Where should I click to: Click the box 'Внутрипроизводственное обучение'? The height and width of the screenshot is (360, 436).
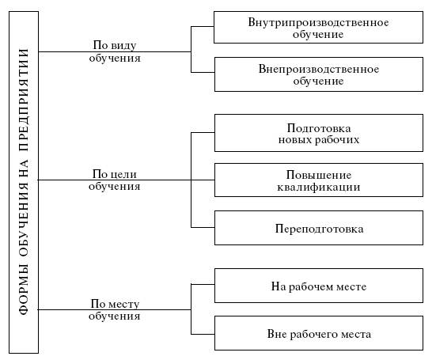[318, 27]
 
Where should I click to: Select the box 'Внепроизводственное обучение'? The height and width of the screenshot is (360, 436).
[319, 74]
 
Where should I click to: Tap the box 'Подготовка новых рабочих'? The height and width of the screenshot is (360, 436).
[319, 133]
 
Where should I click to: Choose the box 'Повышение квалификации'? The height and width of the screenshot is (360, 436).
[319, 180]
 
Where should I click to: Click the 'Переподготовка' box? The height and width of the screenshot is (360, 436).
[319, 228]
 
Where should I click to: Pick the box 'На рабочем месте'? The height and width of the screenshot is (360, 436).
[319, 286]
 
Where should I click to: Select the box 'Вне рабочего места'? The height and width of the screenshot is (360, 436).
[319, 333]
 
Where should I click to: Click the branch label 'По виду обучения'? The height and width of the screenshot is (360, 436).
[115, 51]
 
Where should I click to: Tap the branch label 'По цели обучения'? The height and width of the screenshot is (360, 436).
[114, 180]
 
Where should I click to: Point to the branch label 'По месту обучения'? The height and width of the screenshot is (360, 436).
[114, 309]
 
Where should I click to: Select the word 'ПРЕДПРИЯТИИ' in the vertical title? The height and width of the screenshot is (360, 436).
[24, 100]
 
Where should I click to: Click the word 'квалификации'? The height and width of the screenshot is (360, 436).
[319, 187]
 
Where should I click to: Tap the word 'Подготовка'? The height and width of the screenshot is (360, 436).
[319, 128]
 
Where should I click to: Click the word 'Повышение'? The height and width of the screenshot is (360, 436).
[319, 175]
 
